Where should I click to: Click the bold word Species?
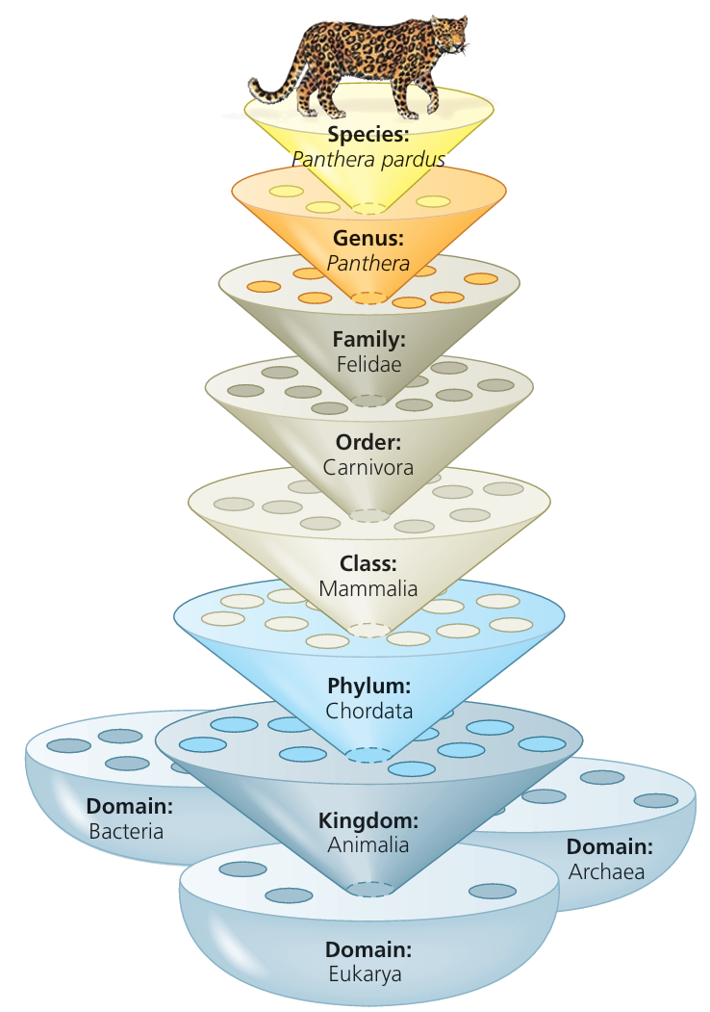click(x=368, y=135)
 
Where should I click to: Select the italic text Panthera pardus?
click(x=368, y=160)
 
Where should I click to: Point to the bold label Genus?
click(x=368, y=238)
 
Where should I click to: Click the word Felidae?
click(x=368, y=364)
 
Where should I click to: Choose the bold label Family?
click(x=368, y=339)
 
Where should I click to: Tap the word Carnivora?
click(x=368, y=468)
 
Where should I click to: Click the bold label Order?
click(x=368, y=443)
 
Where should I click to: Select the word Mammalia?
click(x=368, y=587)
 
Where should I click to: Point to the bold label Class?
click(x=368, y=563)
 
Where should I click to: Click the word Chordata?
click(x=368, y=712)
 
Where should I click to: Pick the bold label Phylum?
click(x=368, y=687)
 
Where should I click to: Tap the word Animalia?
click(x=368, y=845)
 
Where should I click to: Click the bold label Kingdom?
click(x=368, y=821)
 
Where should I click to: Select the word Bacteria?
click(x=126, y=830)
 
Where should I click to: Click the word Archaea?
click(x=606, y=872)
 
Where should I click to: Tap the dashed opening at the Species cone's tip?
click(x=368, y=209)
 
